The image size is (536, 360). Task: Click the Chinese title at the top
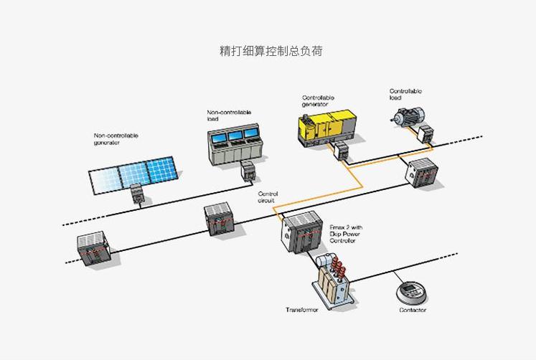[271, 51]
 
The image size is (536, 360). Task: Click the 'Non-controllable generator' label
[116, 138]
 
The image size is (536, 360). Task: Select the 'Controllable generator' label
[318, 100]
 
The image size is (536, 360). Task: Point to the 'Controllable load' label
[405, 94]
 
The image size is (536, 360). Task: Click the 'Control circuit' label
[268, 197]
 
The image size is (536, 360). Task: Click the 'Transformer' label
[302, 310]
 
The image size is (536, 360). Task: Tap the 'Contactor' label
[413, 310]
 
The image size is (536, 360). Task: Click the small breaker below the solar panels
[137, 193]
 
